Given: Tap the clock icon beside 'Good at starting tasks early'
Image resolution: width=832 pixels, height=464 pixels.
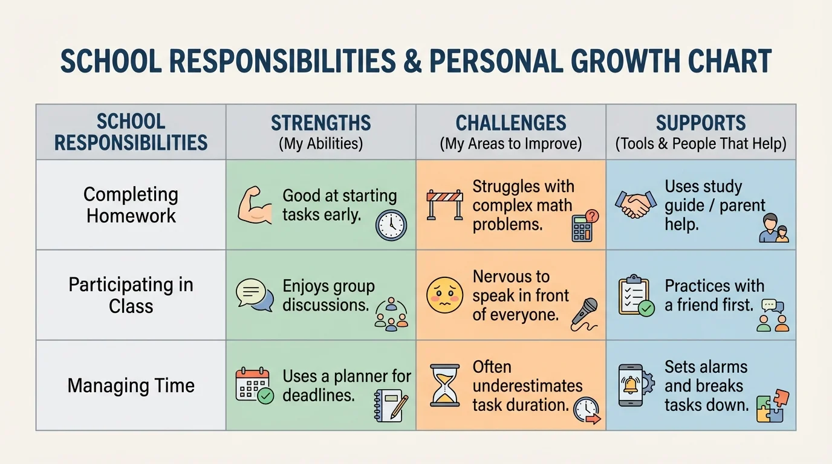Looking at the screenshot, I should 391,225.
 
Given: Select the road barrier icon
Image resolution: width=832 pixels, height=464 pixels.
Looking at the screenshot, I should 444,204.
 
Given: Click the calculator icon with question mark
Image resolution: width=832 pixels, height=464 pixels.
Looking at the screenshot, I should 584,226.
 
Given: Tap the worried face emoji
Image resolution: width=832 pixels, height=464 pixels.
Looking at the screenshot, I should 444,295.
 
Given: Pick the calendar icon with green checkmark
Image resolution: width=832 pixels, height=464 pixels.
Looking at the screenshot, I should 254,385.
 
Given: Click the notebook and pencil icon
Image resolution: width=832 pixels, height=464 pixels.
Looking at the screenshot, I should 391,404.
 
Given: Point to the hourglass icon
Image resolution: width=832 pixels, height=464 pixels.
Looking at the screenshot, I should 444,385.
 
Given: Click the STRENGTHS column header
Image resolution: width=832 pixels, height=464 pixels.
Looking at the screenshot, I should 320,123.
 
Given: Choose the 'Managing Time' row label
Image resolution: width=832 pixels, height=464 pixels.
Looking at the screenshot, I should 131,385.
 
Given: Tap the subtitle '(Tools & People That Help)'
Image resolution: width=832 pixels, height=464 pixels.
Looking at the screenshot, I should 701,144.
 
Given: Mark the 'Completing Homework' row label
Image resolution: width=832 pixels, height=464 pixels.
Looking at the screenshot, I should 131,205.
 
